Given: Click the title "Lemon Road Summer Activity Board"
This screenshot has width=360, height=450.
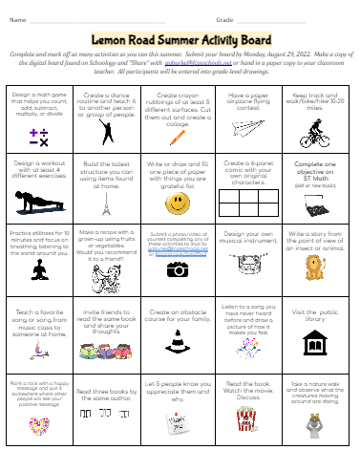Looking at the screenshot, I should point(179,42).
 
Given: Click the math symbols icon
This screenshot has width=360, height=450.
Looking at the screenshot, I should point(39,137).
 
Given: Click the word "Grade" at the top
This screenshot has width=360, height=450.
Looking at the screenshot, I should point(225,18).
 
